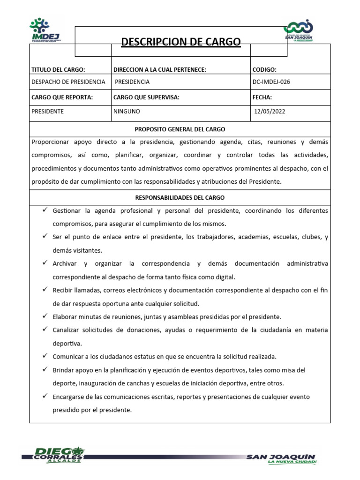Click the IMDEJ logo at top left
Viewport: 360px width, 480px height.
pos(47,31)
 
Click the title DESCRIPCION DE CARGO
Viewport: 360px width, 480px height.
pos(181,42)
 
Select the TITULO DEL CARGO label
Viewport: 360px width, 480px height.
pos(58,70)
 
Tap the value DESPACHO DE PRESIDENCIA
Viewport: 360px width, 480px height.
pos(68,82)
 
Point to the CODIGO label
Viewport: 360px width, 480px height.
pos(264,70)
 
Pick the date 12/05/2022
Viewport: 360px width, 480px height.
pos(270,112)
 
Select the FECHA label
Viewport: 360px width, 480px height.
pos(262,97)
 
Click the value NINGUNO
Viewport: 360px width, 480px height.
pos(127,112)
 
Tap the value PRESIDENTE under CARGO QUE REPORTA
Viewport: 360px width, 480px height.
pos(47,112)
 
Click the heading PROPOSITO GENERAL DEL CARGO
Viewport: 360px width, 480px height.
pos(180,129)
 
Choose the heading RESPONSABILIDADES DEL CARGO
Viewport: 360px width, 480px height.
pos(180,198)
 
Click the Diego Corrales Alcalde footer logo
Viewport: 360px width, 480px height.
pos(53,454)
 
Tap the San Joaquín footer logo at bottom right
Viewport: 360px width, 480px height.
pos(281,459)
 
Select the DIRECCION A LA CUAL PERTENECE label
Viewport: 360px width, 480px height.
pos(160,70)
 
